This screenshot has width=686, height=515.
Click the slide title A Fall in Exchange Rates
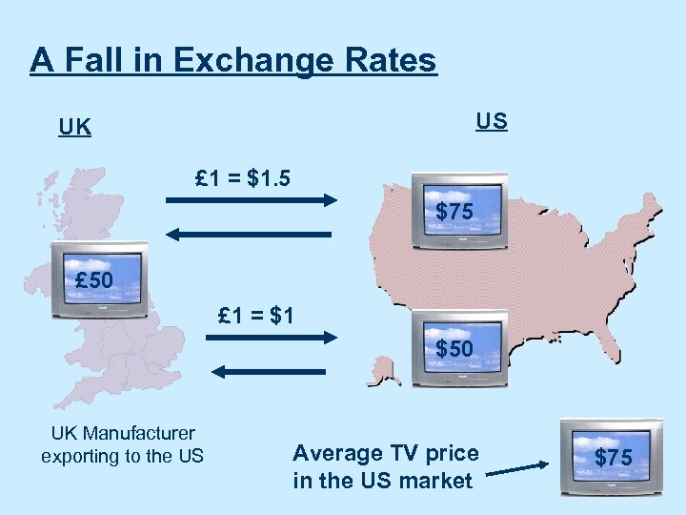pos(232,60)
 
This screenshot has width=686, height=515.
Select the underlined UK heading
pos(74,127)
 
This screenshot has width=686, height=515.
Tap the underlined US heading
pos(492,121)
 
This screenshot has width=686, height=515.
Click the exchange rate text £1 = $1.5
pos(242,178)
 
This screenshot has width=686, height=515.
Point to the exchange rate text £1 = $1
pos(255,314)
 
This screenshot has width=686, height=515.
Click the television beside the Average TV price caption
pos(611,457)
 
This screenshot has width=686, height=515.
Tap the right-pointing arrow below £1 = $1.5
pos(251,200)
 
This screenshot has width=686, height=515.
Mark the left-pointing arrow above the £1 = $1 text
pos(251,234)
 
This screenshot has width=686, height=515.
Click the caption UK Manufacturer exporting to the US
pos(122,444)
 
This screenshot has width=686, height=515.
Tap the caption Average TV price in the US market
pos(385,466)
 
